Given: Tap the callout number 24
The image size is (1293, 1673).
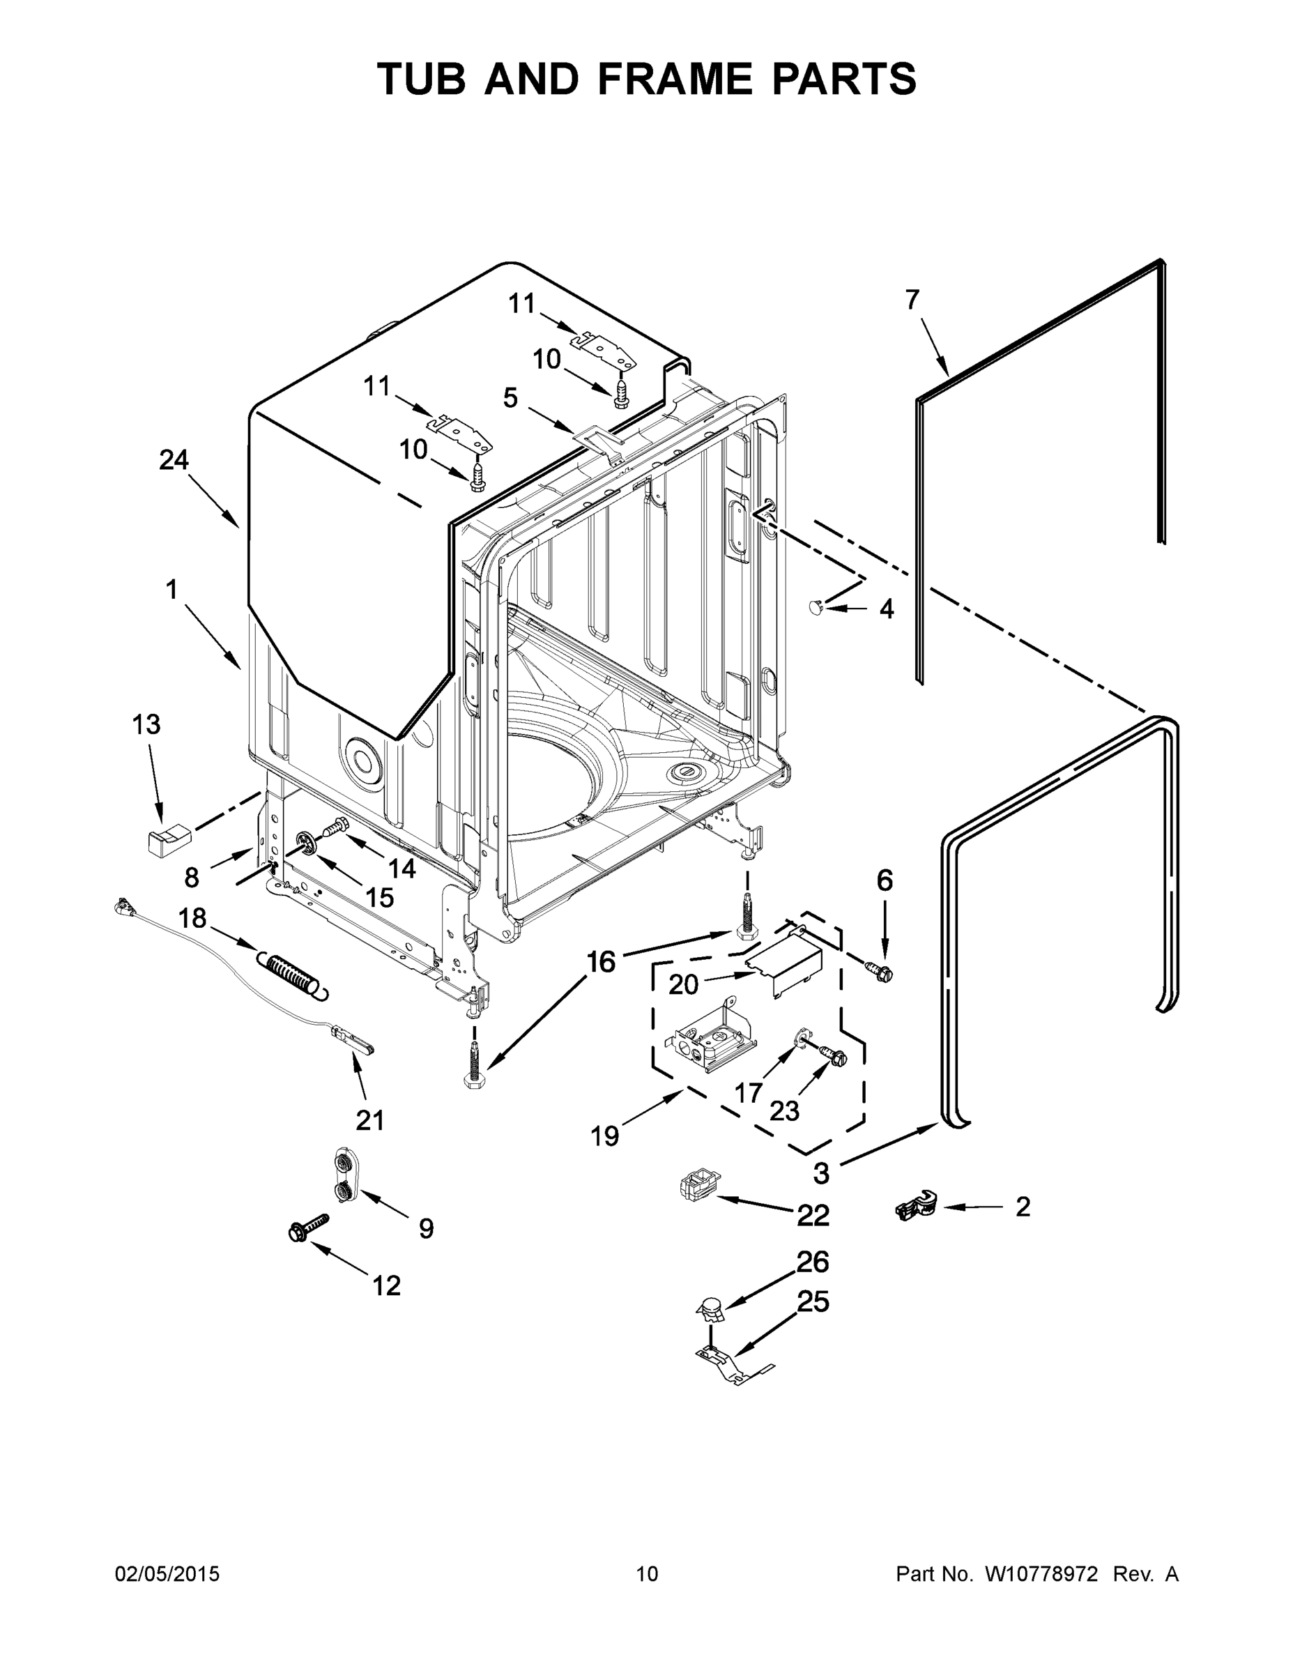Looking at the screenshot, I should [174, 459].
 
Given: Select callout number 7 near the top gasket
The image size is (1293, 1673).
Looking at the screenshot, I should [912, 300].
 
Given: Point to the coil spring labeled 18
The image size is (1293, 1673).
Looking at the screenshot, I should [295, 975].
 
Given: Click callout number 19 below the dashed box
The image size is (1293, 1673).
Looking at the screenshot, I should [604, 1136].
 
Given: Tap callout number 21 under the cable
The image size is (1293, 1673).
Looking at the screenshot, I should [370, 1120].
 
